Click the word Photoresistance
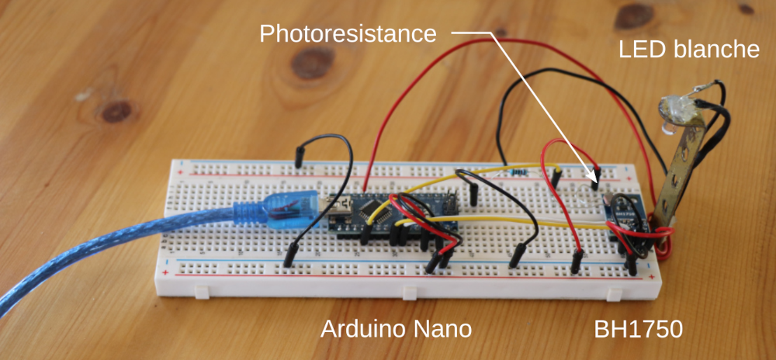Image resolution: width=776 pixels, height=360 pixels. click(348, 33)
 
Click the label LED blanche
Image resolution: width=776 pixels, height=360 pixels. click(689, 50)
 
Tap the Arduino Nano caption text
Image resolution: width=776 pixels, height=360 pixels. click(397, 329)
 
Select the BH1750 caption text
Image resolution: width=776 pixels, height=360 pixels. click(639, 329)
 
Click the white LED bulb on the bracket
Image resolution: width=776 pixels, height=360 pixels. click(672, 109)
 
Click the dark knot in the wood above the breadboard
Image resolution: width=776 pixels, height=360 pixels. click(314, 61)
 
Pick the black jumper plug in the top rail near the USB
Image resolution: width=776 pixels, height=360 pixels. click(299, 155)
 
